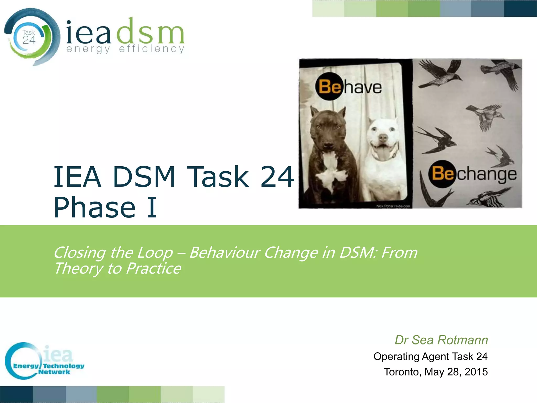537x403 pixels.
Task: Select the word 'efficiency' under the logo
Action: (x=152, y=49)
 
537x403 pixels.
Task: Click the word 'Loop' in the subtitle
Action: (x=155, y=253)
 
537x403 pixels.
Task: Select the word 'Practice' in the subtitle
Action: (x=153, y=269)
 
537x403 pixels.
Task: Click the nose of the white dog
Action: (x=383, y=137)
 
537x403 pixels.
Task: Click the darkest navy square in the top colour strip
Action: (x=520, y=9)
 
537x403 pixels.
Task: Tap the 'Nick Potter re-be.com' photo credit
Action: (x=393, y=206)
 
